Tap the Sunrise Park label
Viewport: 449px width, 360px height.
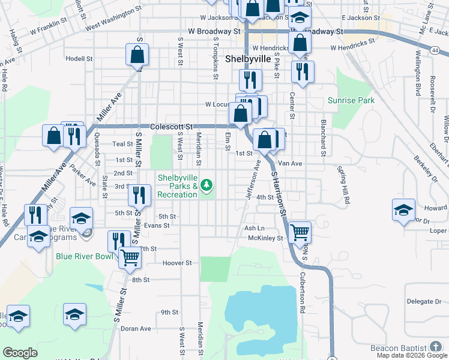tap(351, 100)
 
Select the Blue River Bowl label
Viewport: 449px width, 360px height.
tap(84, 256)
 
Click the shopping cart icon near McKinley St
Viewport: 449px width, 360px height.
tap(300, 232)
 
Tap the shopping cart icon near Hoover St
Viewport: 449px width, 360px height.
tap(130, 258)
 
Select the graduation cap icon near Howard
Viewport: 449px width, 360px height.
tap(403, 210)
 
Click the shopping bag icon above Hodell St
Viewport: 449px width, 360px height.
tap(137, 55)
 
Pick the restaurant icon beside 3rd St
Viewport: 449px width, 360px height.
tap(138, 194)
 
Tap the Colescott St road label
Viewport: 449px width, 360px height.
tap(172, 127)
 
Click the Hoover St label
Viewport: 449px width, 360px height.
tap(177, 263)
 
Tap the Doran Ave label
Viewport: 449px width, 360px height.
tap(136, 329)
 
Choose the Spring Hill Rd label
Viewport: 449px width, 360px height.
tap(344, 185)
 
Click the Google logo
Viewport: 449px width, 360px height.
tap(20, 353)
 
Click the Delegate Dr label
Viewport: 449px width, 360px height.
tap(424, 301)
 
